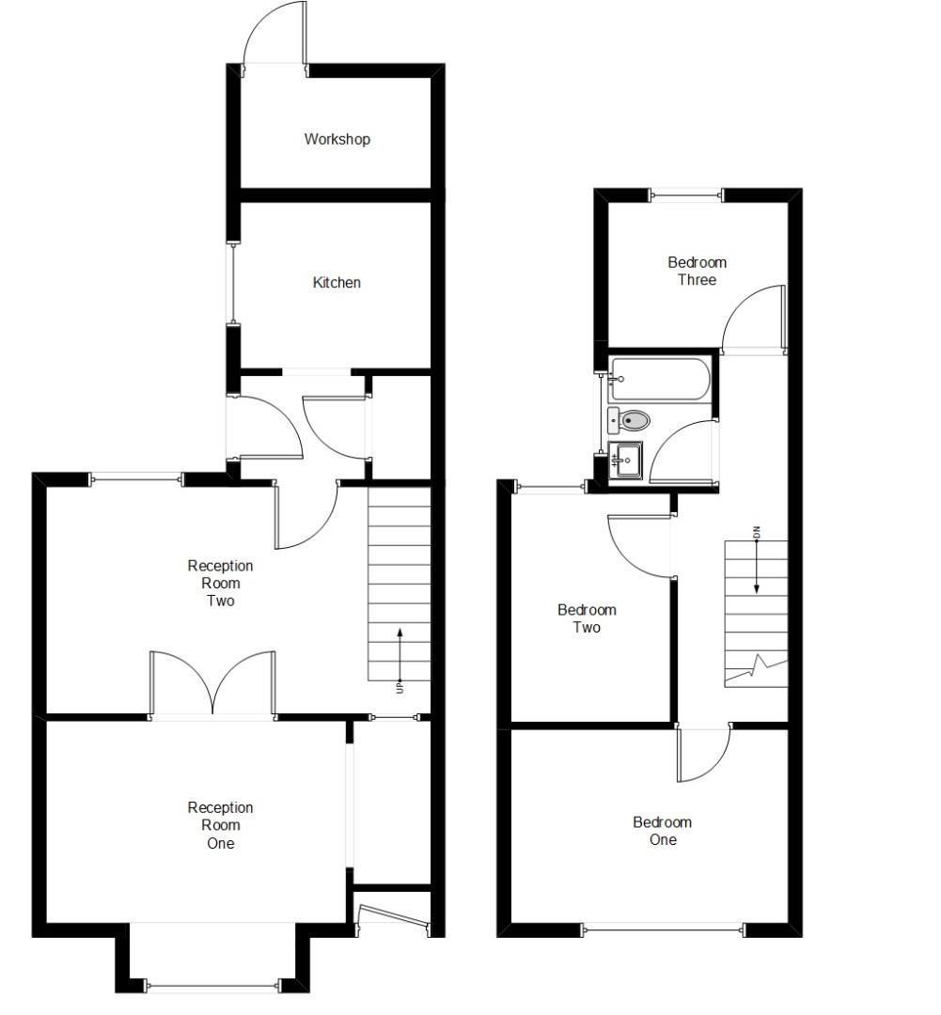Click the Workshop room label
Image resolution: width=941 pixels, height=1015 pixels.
(337, 139)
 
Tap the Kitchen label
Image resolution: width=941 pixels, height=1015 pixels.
(337, 283)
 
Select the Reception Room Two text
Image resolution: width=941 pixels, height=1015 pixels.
(220, 583)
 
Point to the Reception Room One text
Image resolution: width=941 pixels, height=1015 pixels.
(220, 825)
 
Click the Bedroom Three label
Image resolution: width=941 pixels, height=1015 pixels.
(697, 272)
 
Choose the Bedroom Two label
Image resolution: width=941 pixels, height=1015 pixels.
(587, 618)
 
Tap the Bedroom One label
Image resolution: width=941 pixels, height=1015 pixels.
(662, 831)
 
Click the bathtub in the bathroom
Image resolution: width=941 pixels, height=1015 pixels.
(659, 379)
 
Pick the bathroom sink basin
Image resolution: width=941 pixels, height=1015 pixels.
(626, 461)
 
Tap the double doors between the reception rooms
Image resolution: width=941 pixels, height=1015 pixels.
(213, 685)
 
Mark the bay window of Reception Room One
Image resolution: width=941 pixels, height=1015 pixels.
(213, 985)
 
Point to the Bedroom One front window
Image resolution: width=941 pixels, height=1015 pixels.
(663, 930)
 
